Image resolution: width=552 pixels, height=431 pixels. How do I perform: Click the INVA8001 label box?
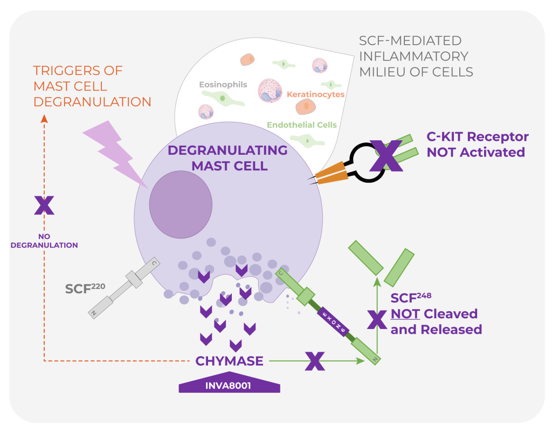[x=230, y=385]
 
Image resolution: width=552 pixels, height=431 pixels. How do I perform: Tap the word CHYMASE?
[x=230, y=360]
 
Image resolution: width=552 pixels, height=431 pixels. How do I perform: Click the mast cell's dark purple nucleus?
[x=181, y=197]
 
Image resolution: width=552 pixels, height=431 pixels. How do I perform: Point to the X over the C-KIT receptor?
[x=386, y=155]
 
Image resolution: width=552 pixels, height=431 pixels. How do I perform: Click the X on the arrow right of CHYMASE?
[x=315, y=361]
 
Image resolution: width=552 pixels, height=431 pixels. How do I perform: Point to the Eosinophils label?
[x=223, y=85]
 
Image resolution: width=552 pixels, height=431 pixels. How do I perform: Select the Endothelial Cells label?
[x=302, y=125]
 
